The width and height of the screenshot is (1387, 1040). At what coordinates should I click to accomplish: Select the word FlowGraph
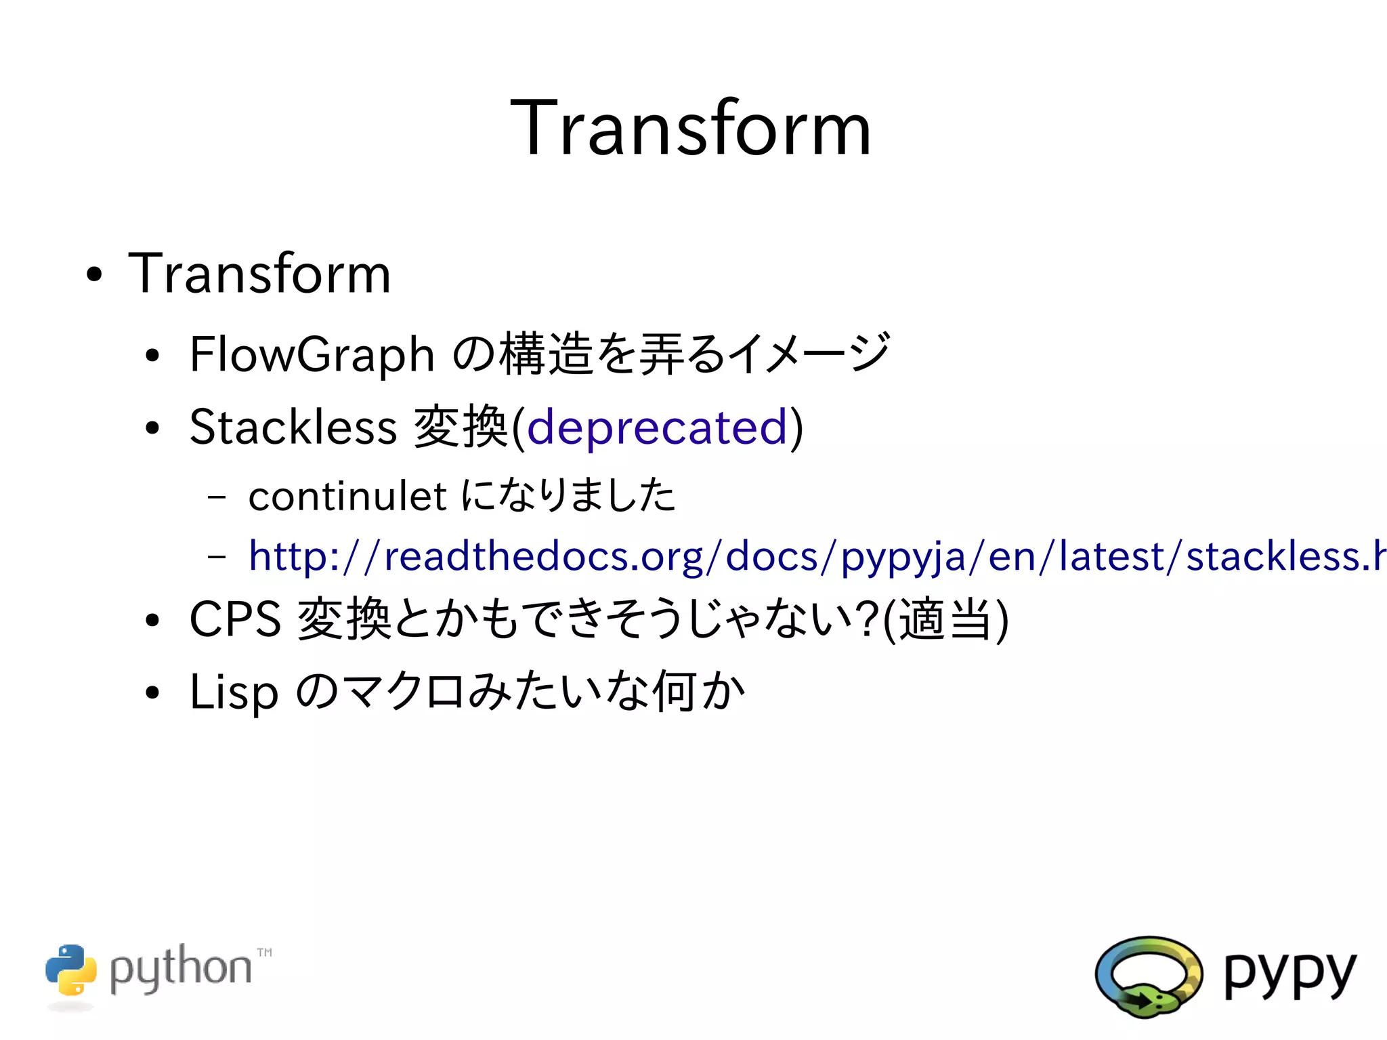click(312, 354)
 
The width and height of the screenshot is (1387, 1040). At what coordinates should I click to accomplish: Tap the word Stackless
click(293, 427)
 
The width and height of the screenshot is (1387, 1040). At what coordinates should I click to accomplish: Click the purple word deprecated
click(657, 428)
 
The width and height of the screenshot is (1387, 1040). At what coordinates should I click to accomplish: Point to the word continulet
click(347, 496)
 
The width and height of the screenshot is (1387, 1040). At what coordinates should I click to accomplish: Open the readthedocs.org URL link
click(813, 556)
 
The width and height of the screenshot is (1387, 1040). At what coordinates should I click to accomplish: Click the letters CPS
click(235, 619)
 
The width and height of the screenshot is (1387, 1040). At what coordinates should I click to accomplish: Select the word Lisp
click(234, 692)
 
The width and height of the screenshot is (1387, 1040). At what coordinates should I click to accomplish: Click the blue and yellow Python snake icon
click(70, 970)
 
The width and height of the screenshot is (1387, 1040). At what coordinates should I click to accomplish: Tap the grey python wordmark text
click(180, 969)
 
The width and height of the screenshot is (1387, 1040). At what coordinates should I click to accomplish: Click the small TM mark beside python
click(264, 953)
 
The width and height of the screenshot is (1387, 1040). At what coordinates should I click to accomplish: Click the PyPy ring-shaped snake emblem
click(1149, 976)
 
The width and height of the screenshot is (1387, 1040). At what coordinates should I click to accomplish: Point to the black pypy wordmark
click(1289, 974)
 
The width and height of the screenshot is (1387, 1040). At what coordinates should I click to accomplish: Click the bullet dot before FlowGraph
click(152, 356)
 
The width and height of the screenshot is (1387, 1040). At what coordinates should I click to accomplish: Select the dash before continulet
click(217, 497)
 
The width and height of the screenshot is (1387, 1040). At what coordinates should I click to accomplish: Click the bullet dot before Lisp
click(152, 692)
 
